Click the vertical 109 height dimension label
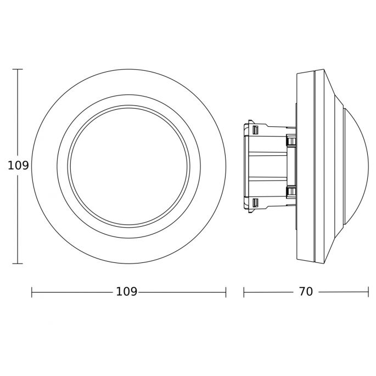(18, 166)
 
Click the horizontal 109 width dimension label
(126, 292)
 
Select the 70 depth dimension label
(306, 292)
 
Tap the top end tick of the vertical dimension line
(18, 70)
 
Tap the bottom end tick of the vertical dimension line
(18, 263)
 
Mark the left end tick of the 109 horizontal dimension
(32, 293)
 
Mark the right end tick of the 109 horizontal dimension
(226, 293)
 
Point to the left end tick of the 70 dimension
(244, 293)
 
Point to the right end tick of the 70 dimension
(368, 293)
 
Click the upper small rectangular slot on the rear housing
(255, 130)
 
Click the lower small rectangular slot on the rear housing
(255, 204)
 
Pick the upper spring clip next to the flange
(291, 141)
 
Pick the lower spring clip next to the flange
(291, 192)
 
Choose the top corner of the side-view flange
(298, 72)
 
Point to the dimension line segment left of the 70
(269, 293)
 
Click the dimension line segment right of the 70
(343, 293)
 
